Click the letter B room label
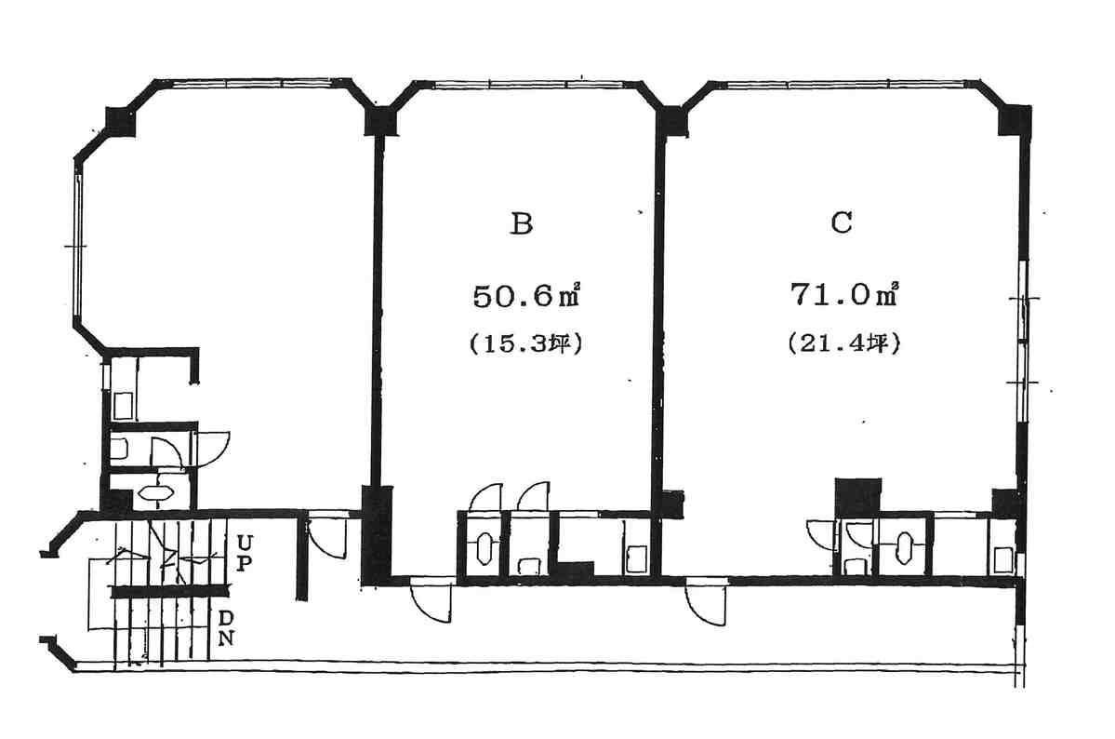522,223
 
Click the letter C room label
842,222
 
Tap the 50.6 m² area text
527,295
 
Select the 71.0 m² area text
844,293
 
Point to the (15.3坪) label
526,344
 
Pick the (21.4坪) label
844,343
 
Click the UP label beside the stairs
244,553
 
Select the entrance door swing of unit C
706,604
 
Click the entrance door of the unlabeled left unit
328,538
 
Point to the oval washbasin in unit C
904,547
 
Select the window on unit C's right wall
1022,342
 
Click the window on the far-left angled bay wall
78,246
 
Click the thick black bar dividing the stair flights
170,591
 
